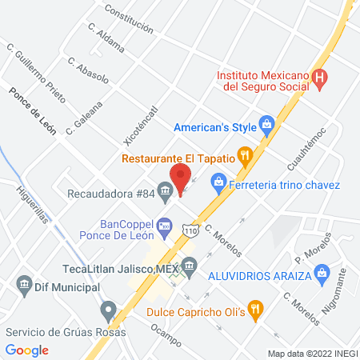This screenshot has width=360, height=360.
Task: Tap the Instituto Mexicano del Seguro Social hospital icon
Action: [320, 78]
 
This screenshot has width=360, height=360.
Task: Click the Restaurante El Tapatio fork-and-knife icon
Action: [246, 156]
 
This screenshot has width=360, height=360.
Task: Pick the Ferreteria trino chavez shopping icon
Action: [218, 184]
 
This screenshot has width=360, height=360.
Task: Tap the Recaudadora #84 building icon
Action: [165, 190]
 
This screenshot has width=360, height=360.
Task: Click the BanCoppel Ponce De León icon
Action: [165, 226]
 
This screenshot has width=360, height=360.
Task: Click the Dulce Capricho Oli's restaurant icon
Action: [254, 307]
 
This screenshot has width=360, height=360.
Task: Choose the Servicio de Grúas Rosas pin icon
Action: [108, 309]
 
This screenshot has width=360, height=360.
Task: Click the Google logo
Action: [27, 350]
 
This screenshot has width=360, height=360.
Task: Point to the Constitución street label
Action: [129, 20]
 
